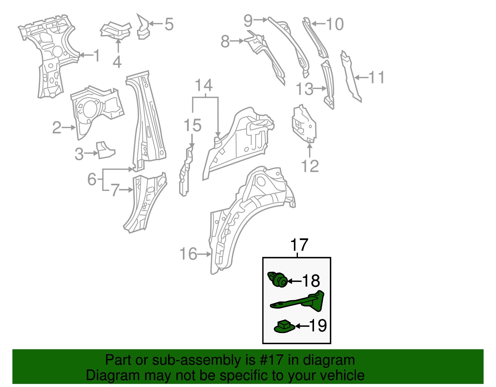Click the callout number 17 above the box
point(299,245)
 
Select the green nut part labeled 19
point(284,327)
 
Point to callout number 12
point(310,166)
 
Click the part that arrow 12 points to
point(304,124)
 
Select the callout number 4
point(117,62)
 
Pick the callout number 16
point(188,254)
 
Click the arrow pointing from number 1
point(86,55)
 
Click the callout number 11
point(376,77)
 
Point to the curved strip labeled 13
point(329,84)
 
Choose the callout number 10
point(335,24)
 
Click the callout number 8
point(225,42)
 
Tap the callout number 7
point(115,190)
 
